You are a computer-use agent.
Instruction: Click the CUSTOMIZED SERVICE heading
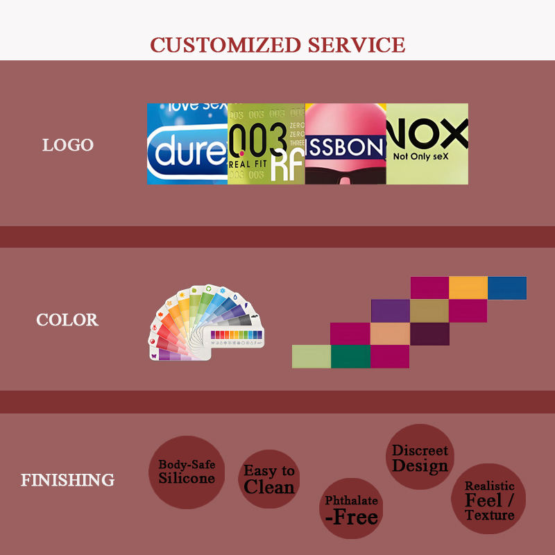click(277, 45)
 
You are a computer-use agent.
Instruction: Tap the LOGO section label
click(67, 145)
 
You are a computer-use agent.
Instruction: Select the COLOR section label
click(67, 320)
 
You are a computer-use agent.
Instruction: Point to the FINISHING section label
click(67, 479)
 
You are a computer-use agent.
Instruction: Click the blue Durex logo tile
click(187, 144)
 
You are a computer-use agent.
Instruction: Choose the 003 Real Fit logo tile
click(266, 144)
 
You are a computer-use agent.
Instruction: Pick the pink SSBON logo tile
click(345, 144)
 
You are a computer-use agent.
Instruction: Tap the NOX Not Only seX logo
click(427, 144)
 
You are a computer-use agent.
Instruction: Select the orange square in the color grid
click(468, 288)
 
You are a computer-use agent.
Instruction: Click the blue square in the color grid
click(507, 288)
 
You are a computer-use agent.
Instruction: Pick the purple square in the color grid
click(391, 311)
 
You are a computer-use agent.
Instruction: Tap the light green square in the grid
click(311, 357)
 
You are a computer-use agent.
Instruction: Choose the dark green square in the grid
click(350, 357)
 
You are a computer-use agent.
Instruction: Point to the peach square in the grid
click(391, 334)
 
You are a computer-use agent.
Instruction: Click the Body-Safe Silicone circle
click(186, 472)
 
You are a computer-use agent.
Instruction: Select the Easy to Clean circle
click(268, 479)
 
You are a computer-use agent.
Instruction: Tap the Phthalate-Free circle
click(352, 509)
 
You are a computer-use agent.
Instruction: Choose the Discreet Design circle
click(420, 457)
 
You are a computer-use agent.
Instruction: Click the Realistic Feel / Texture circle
click(489, 499)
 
